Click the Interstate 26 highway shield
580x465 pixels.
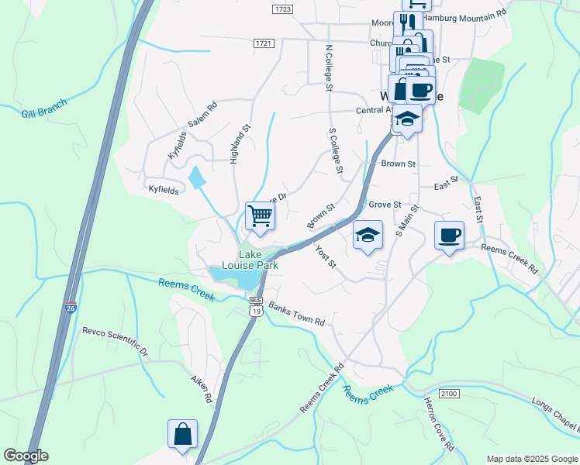71,307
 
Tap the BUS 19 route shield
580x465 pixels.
256,307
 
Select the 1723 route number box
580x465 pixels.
282,9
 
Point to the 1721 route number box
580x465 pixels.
264,44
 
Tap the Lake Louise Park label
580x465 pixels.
250,260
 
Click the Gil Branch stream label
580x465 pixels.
44,108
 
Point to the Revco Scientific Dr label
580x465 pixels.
115,341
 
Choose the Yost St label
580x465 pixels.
326,257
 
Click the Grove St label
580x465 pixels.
385,205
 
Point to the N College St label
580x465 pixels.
328,68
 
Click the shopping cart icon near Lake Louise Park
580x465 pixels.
260,215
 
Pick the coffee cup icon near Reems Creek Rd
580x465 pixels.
449,235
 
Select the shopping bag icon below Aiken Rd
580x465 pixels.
182,434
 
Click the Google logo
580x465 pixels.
26,456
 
